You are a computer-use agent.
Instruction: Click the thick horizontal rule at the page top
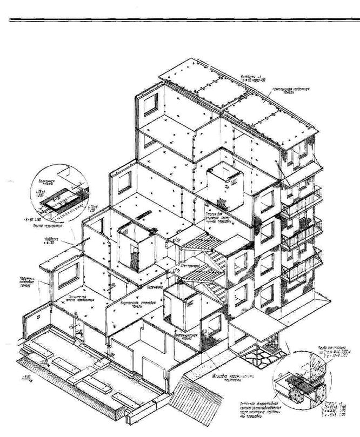coord(180,20)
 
